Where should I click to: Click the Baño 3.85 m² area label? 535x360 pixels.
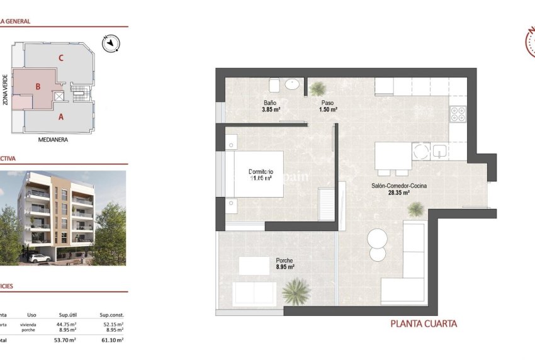[x=271, y=106]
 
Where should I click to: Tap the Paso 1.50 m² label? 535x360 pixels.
[x=328, y=106]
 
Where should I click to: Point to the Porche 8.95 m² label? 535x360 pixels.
[x=284, y=264]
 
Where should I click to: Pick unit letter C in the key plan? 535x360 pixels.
[x=61, y=58]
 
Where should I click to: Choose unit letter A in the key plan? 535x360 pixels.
[x=61, y=116]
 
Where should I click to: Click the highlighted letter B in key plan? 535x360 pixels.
[x=38, y=87]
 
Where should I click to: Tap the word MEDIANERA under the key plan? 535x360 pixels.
[x=53, y=140]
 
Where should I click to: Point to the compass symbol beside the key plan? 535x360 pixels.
[x=111, y=43]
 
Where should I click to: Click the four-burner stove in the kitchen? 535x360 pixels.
[x=458, y=113]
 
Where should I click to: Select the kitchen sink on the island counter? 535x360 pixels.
[x=439, y=151]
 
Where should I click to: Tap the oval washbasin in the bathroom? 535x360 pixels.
[x=293, y=84]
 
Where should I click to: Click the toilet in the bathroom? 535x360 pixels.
[x=274, y=85]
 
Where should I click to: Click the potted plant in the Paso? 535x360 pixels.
[x=317, y=89]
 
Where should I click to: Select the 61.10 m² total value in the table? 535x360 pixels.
[x=113, y=340]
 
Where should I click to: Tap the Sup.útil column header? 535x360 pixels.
[x=67, y=315]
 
